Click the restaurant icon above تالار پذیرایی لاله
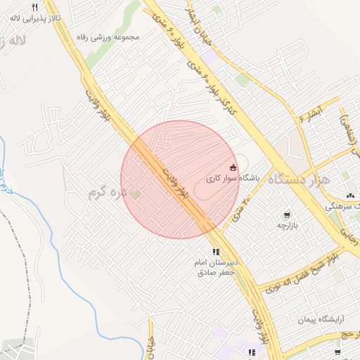pos(34,7)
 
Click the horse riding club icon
pos(233,167)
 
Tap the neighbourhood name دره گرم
pos(107,191)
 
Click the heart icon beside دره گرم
pos(135,193)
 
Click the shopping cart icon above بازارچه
pos(286,214)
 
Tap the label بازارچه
pos(287,226)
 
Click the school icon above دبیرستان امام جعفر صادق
pos(216,252)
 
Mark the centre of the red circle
pos(179,179)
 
